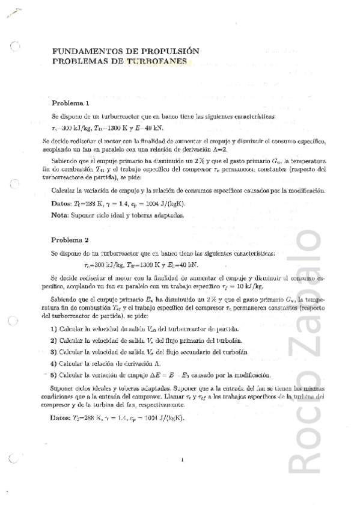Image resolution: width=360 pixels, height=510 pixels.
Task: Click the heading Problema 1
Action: [x=70, y=103]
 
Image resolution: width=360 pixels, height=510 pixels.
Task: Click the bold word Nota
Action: [x=59, y=214]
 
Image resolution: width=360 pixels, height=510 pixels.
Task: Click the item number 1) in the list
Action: [x=54, y=328]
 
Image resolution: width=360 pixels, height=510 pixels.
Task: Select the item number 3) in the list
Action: [x=54, y=351]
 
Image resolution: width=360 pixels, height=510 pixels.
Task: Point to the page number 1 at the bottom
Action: [x=181, y=460]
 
